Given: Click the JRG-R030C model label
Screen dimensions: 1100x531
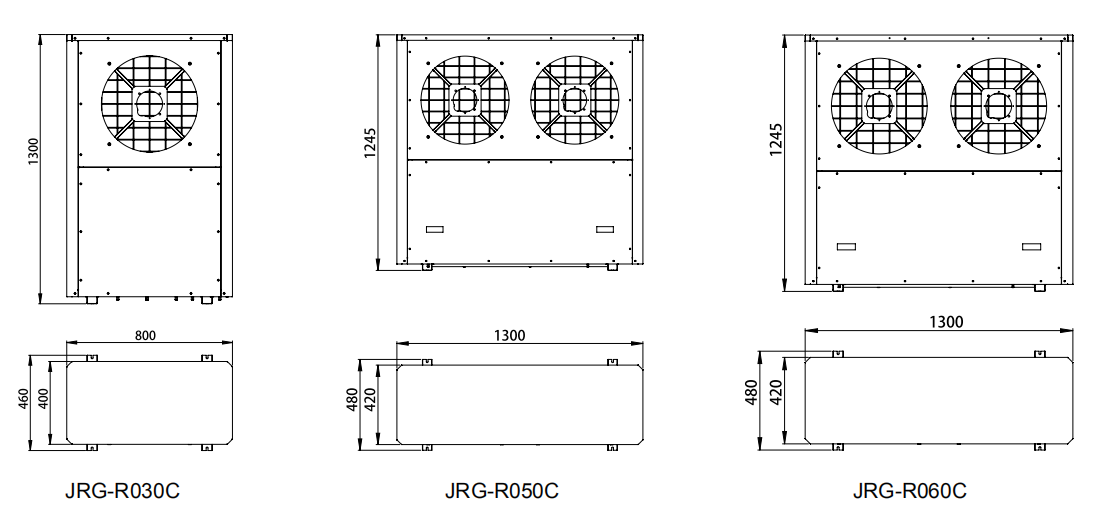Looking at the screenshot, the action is (x=122, y=490).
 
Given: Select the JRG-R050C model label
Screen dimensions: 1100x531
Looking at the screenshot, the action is (x=502, y=490).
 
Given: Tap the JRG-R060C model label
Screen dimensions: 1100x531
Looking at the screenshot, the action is (x=909, y=490).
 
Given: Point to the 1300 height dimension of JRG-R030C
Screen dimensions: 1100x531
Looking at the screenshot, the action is (x=34, y=152).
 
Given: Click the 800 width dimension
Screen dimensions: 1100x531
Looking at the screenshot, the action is (x=145, y=335).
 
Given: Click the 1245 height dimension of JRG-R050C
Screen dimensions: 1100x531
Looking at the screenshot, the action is (x=370, y=143).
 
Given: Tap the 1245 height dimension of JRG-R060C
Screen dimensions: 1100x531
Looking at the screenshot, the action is (x=775, y=140).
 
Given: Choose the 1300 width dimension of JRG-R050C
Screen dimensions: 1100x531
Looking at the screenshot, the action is (x=509, y=335).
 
